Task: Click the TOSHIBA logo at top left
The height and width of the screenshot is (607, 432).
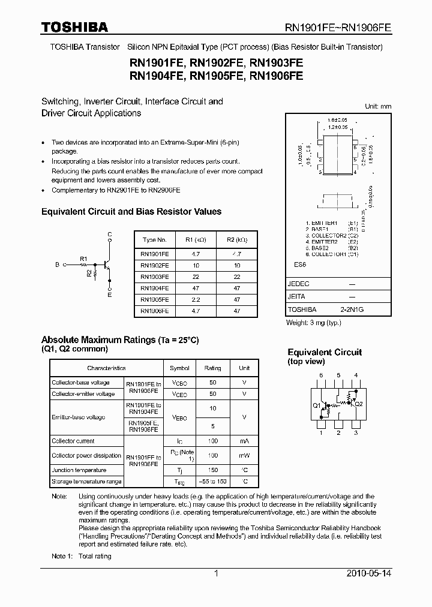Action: point(74,27)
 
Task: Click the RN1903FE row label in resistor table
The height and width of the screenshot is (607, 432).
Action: point(154,277)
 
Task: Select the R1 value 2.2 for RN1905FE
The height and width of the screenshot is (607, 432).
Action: point(196,299)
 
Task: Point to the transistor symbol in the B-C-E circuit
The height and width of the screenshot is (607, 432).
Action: point(107,264)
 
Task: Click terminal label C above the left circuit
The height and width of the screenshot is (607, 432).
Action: point(109,233)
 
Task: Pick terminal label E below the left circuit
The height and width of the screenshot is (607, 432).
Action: point(109,295)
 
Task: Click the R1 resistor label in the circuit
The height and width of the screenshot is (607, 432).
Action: point(84,259)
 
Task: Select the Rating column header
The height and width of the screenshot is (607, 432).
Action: point(213,368)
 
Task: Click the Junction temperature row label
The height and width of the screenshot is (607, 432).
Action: point(79,470)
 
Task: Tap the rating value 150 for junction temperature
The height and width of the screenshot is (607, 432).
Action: point(213,470)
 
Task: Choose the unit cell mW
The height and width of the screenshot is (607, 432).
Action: point(244,456)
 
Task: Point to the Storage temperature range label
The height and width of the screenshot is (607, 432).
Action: point(87,482)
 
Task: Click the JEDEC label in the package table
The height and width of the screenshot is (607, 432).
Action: point(299,284)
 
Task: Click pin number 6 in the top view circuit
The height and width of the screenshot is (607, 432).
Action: point(321,375)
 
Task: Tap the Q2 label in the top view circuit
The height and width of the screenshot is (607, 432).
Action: point(359,404)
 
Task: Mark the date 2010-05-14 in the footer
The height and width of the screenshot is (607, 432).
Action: point(369,574)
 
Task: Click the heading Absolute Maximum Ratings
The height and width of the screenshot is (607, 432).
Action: point(98,340)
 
